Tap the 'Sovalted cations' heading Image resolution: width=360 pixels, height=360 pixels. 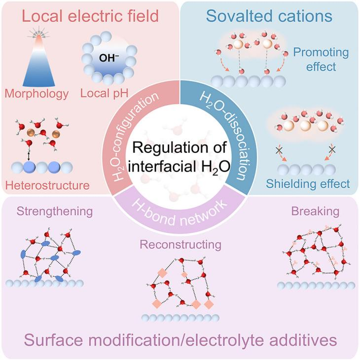pyautogui.click(x=269, y=16)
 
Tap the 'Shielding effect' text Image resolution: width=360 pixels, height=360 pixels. pyautogui.click(x=315, y=184)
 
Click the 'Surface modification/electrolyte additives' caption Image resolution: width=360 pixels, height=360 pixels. pyautogui.click(x=180, y=340)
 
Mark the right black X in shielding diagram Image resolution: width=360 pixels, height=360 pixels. pyautogui.click(x=331, y=148)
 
